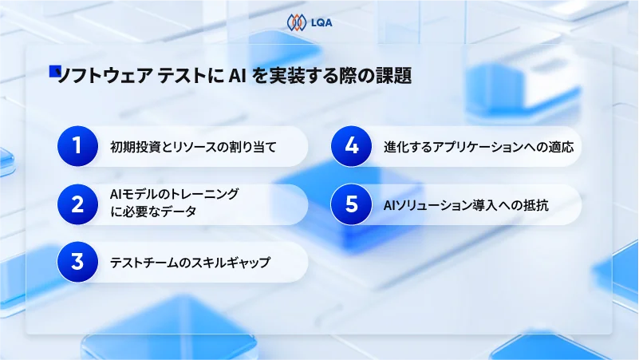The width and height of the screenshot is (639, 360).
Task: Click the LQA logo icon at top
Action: pos(297,22)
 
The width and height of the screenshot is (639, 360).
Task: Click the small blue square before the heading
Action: pos(54,71)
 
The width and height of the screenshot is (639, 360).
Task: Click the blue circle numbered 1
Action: pos(77,146)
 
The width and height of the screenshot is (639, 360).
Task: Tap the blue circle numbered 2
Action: pos(77,204)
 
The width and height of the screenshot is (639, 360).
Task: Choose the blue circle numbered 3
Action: pos(77,262)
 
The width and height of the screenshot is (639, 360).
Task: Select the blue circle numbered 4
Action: pos(351,146)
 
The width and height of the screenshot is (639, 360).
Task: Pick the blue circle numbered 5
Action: pos(351,204)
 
